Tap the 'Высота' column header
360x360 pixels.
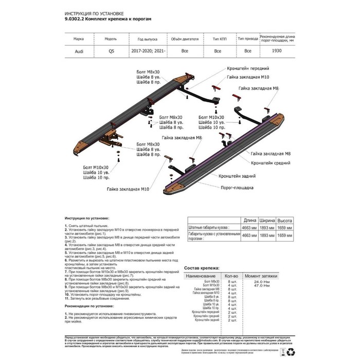coord(285,219)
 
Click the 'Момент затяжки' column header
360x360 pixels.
coord(264,276)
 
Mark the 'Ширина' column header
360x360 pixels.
coord(267,219)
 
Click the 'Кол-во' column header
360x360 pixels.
coord(231,276)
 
